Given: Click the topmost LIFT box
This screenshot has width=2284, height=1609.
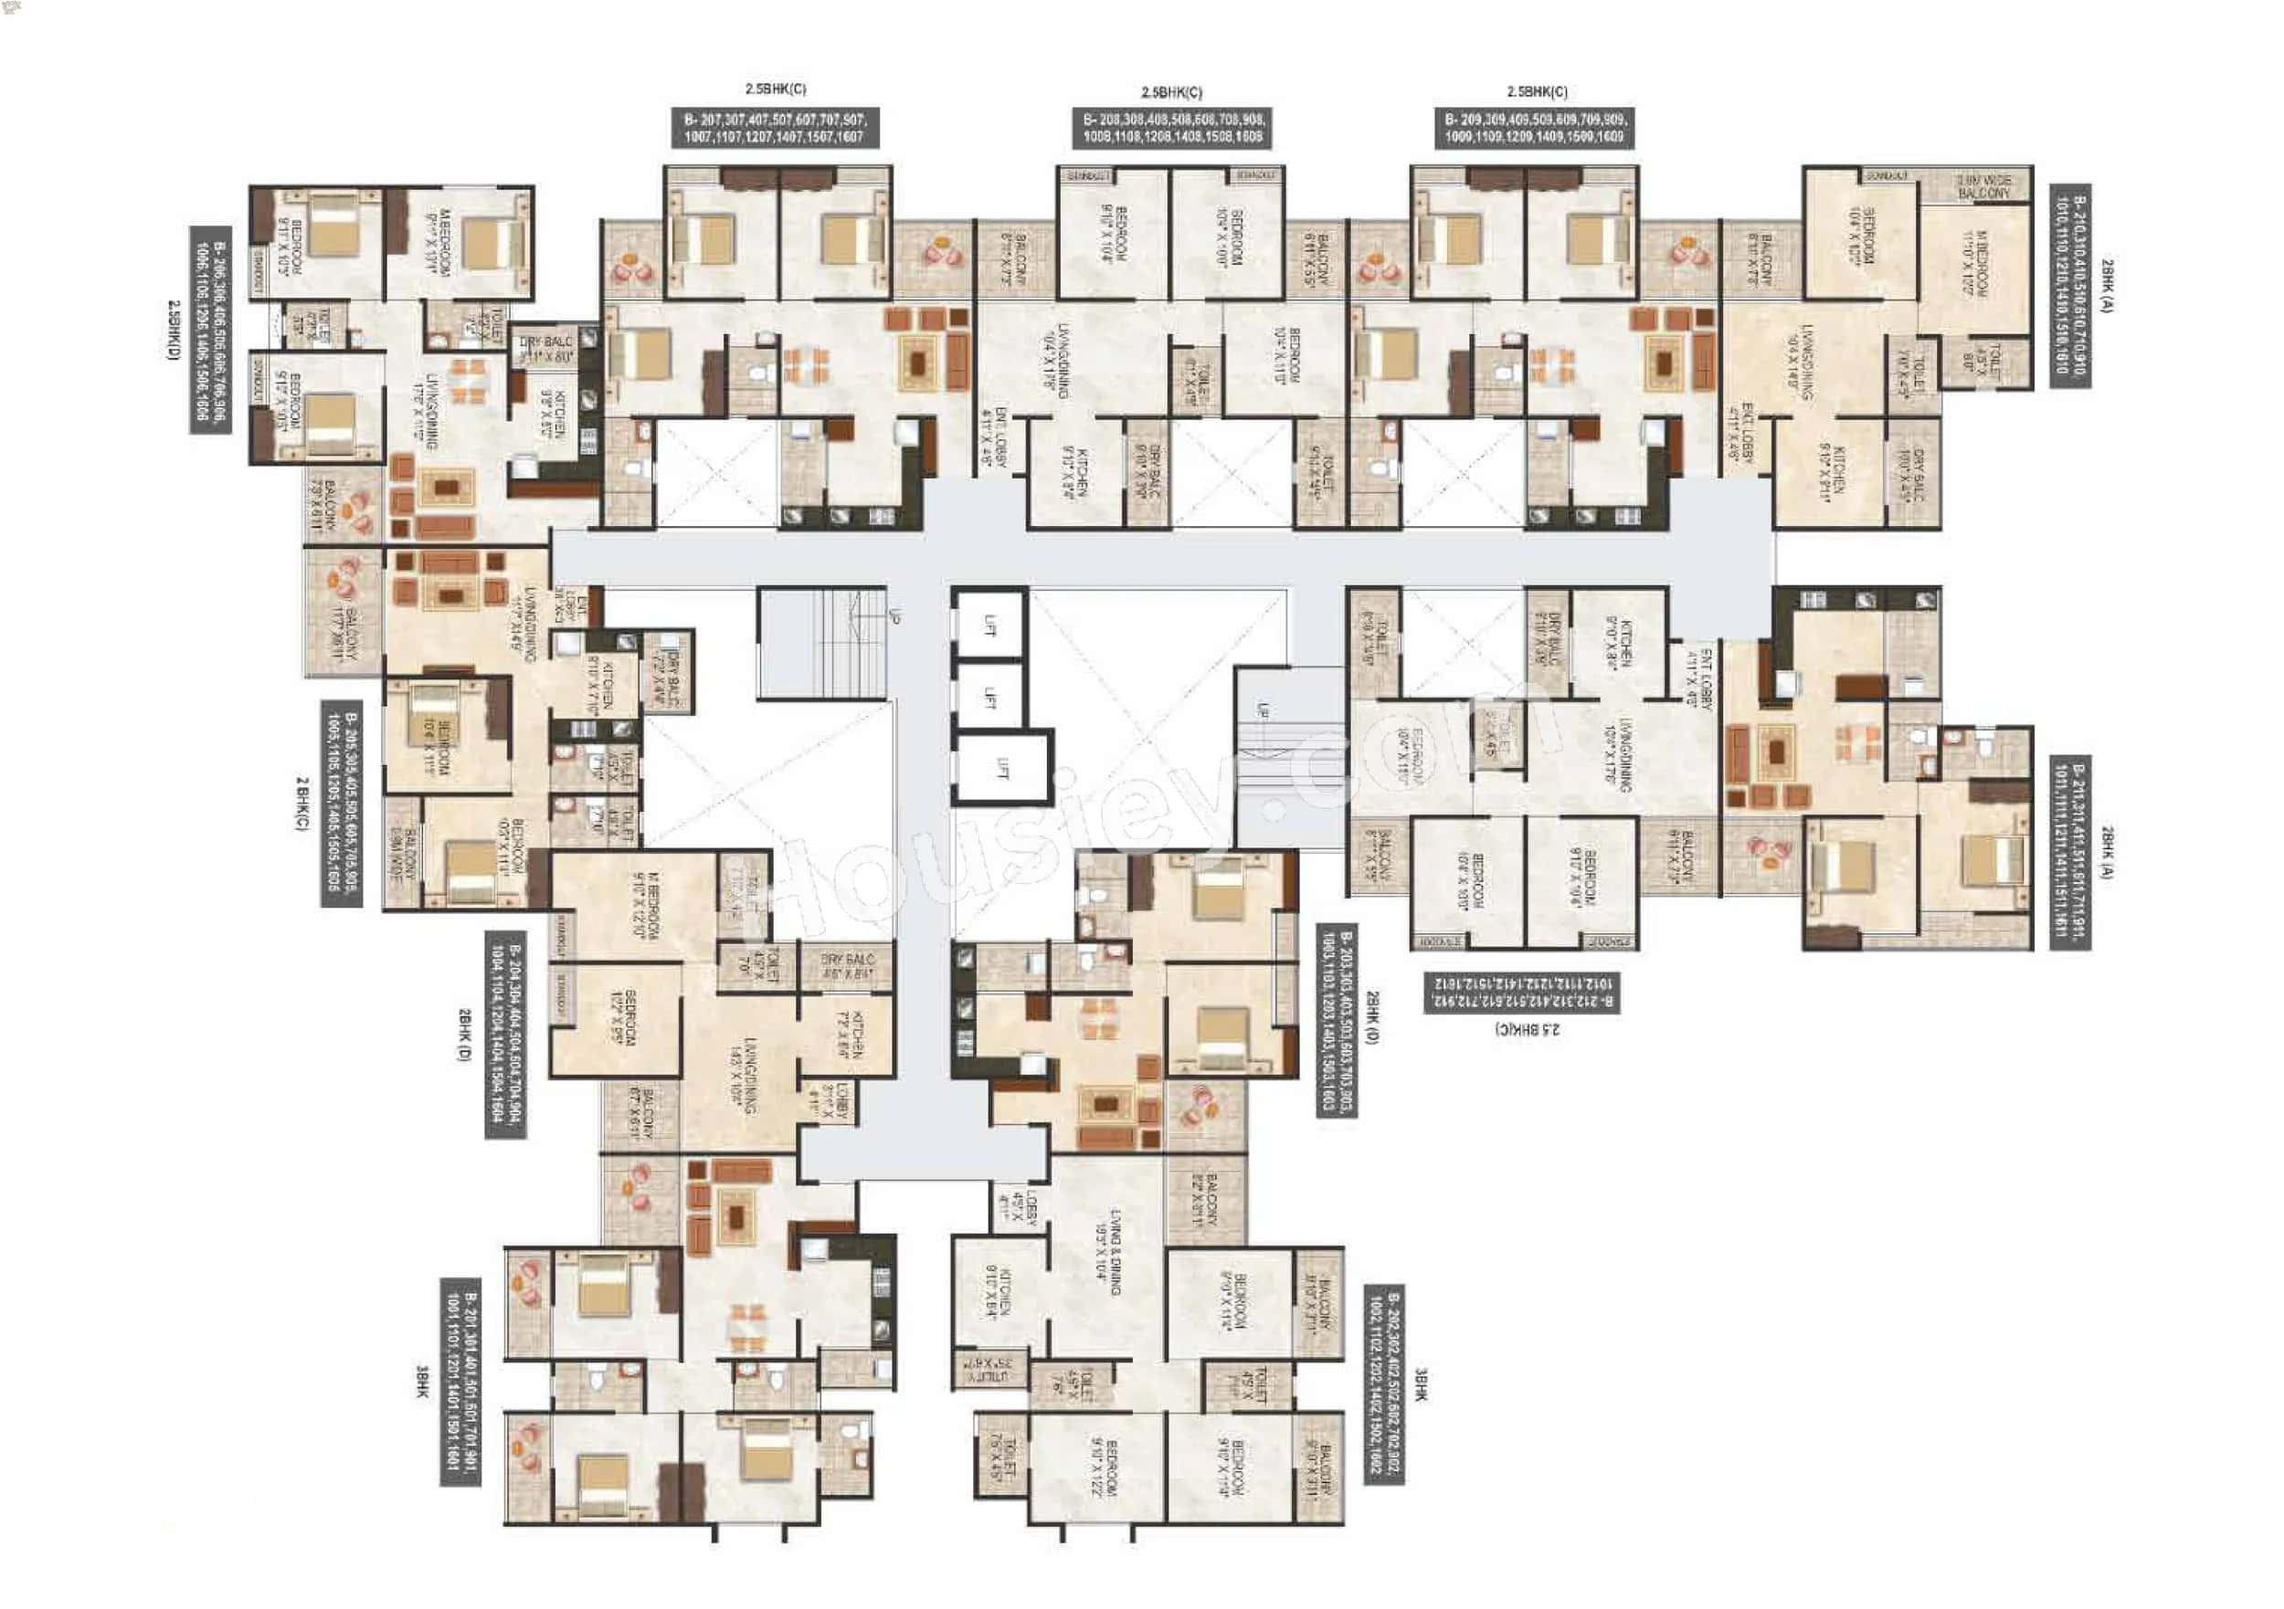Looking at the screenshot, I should click(989, 625).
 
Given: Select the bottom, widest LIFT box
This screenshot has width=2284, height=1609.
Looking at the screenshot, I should click(1001, 768).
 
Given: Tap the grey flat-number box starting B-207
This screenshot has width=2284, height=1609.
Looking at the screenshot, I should click(774, 128).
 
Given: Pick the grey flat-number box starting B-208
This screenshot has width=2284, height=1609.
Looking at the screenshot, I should click(1171, 128).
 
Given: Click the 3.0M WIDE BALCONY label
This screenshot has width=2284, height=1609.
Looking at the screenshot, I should click(1983, 187).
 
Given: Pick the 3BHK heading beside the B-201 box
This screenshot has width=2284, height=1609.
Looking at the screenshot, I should click(423, 1383).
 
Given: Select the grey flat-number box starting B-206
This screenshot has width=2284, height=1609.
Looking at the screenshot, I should click(210, 331).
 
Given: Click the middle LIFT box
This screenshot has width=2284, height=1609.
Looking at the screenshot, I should click(989, 697).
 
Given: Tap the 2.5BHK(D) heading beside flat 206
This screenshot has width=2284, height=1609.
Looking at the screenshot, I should click(174, 331).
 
